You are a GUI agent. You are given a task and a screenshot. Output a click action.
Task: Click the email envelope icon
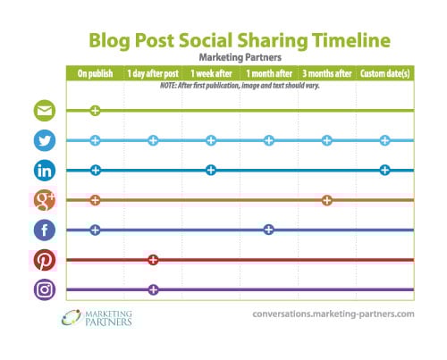tap(45, 111)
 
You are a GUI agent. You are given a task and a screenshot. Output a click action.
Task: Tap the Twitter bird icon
tap(45, 140)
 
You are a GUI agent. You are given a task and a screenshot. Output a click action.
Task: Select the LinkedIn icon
tap(45, 171)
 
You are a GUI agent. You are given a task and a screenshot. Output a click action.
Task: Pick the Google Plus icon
tap(45, 200)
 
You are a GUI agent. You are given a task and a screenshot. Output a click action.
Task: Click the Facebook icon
tap(45, 230)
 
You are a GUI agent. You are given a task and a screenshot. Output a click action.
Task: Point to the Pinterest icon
tap(45, 260)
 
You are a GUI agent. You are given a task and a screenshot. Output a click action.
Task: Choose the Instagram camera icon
tap(45, 289)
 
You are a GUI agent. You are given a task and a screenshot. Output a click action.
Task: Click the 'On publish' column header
tap(95, 73)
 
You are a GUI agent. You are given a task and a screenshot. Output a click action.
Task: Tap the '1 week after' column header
tap(211, 73)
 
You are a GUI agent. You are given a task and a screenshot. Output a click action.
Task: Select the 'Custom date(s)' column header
tap(384, 73)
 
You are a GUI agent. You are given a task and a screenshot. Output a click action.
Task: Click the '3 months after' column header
tap(327, 73)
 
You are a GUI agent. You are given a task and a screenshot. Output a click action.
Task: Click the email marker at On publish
tap(95, 111)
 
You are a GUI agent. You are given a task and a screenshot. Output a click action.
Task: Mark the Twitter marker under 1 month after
tap(269, 140)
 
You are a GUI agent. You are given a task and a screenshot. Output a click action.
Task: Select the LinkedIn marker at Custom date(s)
tap(384, 171)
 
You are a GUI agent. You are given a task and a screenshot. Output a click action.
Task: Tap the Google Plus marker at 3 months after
tap(327, 200)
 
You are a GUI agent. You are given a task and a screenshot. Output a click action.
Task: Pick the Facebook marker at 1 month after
tap(269, 230)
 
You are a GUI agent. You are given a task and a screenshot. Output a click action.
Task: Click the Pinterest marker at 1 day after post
tap(153, 260)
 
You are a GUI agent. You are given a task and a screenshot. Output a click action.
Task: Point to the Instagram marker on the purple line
tap(153, 289)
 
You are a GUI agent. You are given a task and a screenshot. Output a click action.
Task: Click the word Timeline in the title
tap(351, 40)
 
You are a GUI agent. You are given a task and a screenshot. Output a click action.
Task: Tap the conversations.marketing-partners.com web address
tap(333, 314)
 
